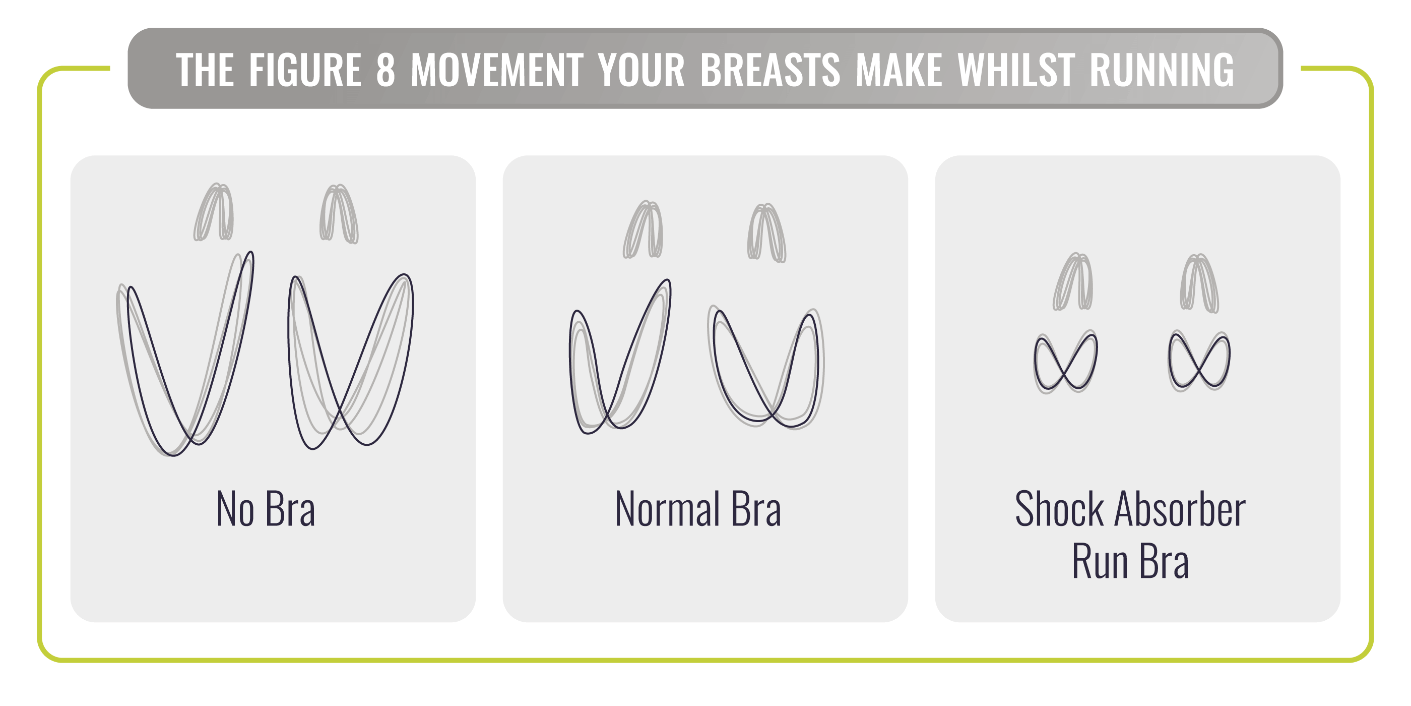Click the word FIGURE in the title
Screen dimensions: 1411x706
click(x=305, y=70)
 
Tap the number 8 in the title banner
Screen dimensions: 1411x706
click(x=386, y=70)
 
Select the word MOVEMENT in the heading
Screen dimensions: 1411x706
click(x=497, y=70)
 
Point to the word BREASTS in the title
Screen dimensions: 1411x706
click(x=770, y=70)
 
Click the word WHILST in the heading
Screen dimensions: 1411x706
click(x=1016, y=70)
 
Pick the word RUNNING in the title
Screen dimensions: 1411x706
click(x=1162, y=70)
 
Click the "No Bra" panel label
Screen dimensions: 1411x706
click(x=266, y=509)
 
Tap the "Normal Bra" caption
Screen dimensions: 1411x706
click(x=698, y=509)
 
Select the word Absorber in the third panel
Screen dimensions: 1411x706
click(x=1180, y=509)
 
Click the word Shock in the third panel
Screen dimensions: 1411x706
click(x=1059, y=509)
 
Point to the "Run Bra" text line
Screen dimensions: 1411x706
click(x=1130, y=561)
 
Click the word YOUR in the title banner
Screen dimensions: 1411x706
click(x=642, y=70)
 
